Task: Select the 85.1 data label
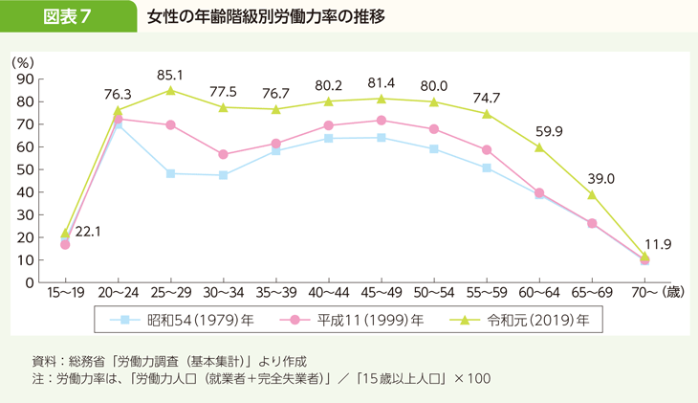point(170,74)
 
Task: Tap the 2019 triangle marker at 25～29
point(170,91)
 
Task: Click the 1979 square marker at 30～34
point(223,175)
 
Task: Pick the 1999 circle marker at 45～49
point(382,121)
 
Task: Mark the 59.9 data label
point(549,131)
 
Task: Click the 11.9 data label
point(657,245)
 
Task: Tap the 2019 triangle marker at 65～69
point(592,194)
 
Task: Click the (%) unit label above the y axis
point(23,61)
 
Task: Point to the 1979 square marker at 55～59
point(487,168)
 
